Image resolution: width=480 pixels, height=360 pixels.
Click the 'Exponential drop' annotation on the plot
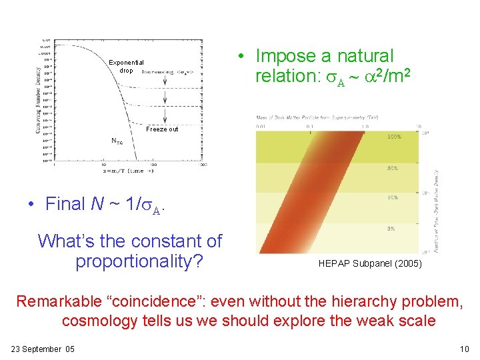[126, 67]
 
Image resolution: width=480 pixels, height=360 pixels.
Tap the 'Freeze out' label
[162, 129]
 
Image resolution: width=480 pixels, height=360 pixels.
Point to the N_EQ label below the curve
[117, 141]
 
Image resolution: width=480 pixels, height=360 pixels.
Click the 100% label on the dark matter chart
[395, 137]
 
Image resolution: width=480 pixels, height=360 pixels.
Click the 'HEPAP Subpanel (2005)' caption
[369, 264]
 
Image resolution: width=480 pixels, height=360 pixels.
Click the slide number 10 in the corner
[465, 349]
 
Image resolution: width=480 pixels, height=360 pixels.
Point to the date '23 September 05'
[43, 349]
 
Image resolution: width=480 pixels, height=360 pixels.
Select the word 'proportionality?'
[139, 261]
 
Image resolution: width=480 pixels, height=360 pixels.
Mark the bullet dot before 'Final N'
[31, 205]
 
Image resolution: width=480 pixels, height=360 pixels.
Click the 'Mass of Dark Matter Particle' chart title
[317, 118]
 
